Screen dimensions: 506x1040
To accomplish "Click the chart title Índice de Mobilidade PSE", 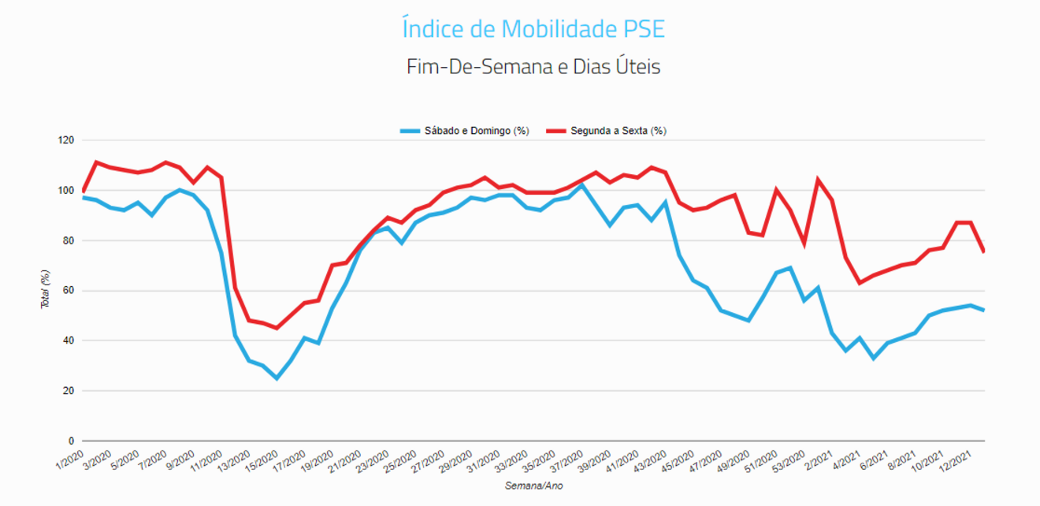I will click(533, 29).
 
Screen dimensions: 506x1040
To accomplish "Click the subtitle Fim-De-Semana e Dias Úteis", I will click(533, 66).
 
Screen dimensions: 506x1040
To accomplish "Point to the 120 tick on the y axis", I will click(65, 140).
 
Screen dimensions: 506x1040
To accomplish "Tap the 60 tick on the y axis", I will click(68, 291).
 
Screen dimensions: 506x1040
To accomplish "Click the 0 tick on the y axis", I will click(71, 441).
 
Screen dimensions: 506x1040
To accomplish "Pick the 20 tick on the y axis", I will click(68, 391).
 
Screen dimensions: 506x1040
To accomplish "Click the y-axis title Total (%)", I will click(46, 291).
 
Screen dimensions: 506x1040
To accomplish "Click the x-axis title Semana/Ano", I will click(533, 486).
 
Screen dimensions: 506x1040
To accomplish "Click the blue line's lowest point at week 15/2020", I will click(277, 378).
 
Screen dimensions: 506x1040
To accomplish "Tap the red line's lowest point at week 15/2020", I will click(277, 328).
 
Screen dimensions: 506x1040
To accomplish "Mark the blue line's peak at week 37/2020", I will click(581, 185).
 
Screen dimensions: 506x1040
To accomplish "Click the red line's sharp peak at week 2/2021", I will click(818, 180).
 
